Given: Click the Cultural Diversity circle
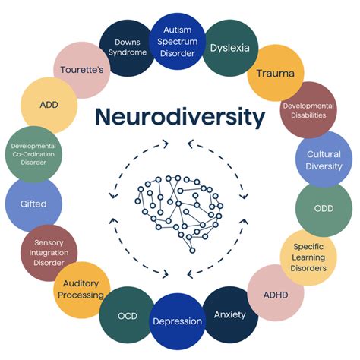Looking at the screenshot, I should coord(323,159).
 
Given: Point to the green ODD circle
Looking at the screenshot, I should coord(324,209).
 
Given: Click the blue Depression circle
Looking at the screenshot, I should coord(178,321).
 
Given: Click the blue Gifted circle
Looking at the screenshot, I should coord(33,204).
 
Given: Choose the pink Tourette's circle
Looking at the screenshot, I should coord(83,69).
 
